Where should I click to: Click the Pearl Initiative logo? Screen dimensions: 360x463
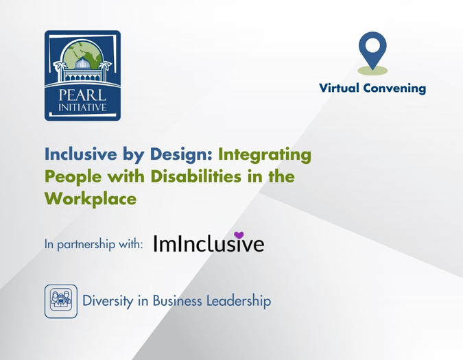[x=82, y=75]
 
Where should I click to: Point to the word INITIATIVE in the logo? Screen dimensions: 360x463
[x=82, y=107]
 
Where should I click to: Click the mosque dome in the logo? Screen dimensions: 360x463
[x=83, y=63]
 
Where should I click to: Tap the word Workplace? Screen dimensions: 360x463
[x=90, y=199]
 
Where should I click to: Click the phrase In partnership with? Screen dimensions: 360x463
[x=93, y=244]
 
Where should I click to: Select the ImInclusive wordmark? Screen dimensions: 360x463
[x=209, y=244]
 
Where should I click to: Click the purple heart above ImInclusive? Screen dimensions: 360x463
[x=239, y=235]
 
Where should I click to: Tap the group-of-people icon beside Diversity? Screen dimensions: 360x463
[x=61, y=301]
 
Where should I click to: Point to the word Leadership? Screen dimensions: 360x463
[x=235, y=301]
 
